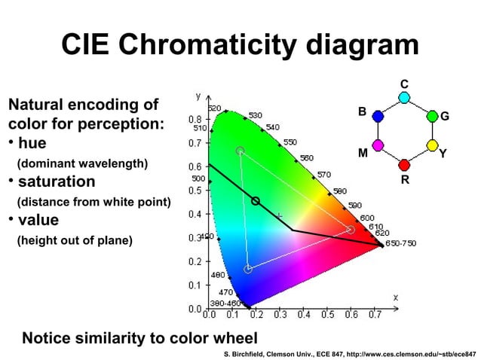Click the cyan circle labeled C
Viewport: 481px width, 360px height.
point(404,97)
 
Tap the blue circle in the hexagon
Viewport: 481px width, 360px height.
point(378,116)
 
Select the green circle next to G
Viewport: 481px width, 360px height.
point(432,116)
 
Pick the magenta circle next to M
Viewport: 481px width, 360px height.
point(378,145)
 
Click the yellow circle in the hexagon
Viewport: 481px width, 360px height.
point(432,145)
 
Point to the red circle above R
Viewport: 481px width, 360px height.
point(404,165)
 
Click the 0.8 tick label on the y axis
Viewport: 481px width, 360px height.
point(195,119)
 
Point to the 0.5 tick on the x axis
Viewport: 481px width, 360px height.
point(326,316)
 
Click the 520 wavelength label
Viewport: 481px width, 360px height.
point(214,108)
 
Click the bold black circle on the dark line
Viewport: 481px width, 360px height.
point(256,201)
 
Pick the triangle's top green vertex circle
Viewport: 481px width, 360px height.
point(240,151)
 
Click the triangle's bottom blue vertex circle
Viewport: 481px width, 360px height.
point(248,269)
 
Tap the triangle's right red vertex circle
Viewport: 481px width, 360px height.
point(350,230)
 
